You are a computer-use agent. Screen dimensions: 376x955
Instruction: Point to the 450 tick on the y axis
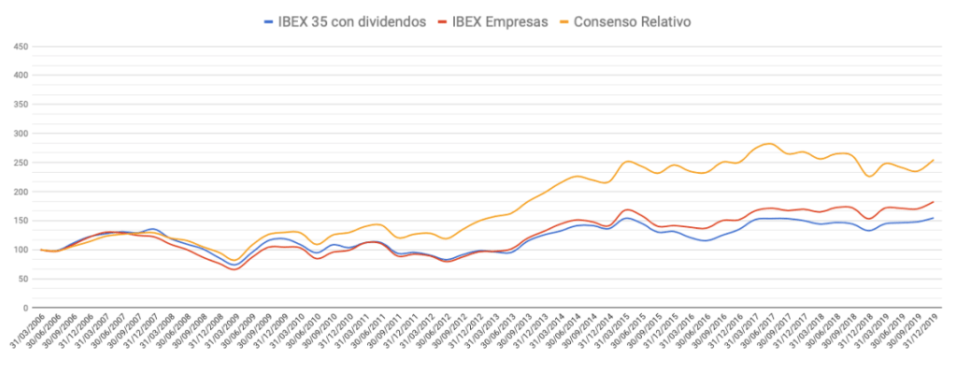[x=19, y=46]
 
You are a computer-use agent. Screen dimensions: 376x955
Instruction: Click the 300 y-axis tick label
[x=19, y=133]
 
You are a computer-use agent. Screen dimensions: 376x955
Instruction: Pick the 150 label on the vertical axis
[x=19, y=221]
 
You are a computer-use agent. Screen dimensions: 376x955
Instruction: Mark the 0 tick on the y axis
[x=26, y=308]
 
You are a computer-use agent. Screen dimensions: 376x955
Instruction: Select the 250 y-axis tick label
[x=19, y=162]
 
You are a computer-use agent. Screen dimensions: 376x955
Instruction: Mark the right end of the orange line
[x=934, y=160]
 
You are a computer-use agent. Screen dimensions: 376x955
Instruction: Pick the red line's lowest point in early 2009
[x=234, y=269]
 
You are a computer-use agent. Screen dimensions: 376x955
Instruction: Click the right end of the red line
[x=934, y=202]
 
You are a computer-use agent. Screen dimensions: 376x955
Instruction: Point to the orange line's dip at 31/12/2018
[x=870, y=176]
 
